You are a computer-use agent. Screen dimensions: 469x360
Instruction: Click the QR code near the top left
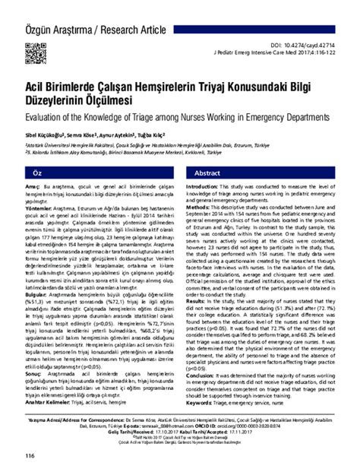35,53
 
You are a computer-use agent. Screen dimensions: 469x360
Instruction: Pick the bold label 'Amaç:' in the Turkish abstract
33,187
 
